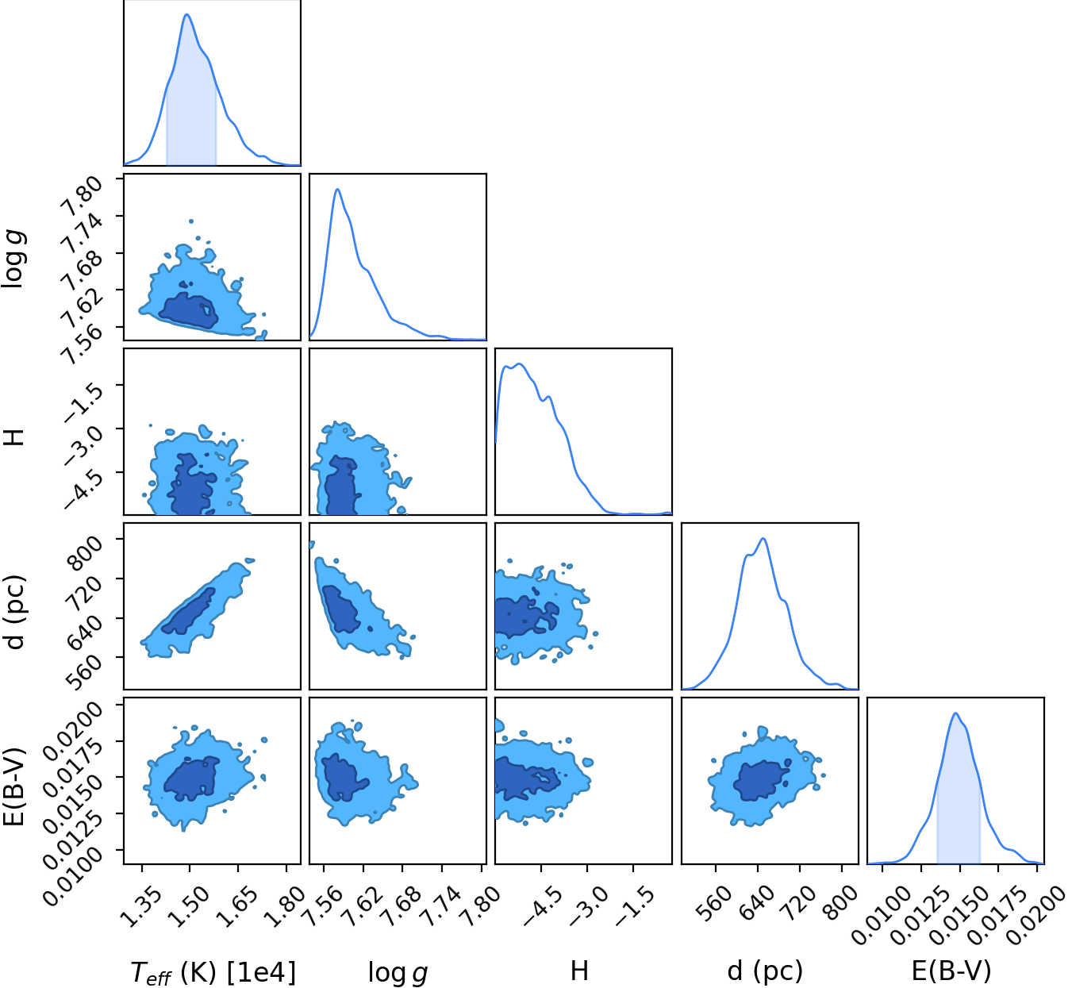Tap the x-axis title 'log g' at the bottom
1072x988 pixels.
[x=398, y=972]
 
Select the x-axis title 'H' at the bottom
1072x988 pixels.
[x=579, y=970]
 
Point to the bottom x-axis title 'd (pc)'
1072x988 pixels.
[x=765, y=971]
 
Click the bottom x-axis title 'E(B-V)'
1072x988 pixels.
[x=951, y=971]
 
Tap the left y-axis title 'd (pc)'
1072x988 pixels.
[x=14, y=612]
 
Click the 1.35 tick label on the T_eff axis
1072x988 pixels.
[x=140, y=905]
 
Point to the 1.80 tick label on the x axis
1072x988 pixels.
[x=285, y=905]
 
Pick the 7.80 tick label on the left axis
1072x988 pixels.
[x=81, y=197]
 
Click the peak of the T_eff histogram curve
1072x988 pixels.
[x=186, y=14]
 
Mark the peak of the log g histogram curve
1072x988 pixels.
[x=337, y=189]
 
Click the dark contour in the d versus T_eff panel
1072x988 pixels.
[x=188, y=612]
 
